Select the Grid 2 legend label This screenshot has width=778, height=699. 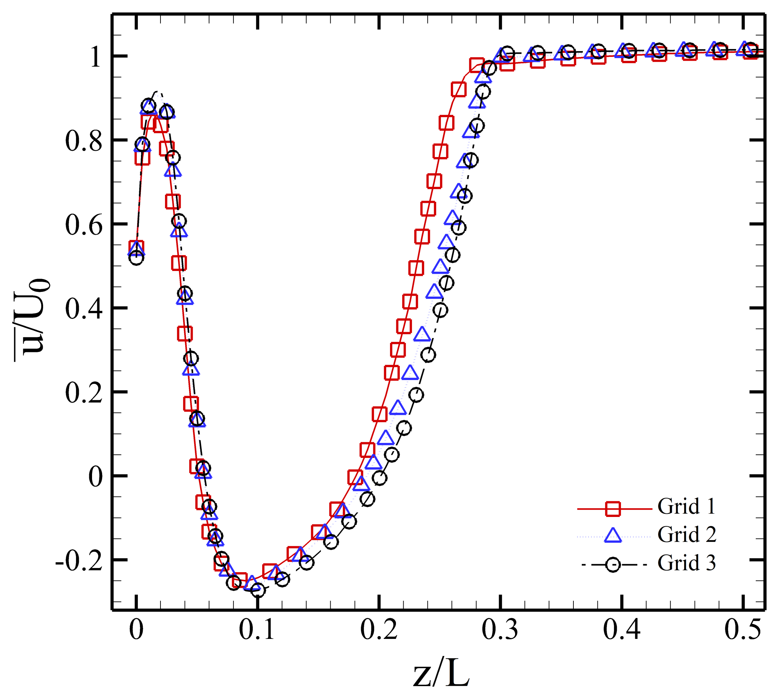point(687,534)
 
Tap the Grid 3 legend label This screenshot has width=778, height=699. point(687,563)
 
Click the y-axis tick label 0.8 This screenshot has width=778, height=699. point(84,141)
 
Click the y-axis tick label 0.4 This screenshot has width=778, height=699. point(84,309)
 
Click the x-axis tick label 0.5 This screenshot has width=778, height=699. point(742,630)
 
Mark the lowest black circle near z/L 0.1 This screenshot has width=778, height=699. point(258,590)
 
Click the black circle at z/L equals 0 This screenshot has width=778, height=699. point(136,258)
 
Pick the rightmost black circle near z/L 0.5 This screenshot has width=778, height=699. point(750,50)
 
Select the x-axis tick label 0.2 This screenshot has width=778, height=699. point(378,630)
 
